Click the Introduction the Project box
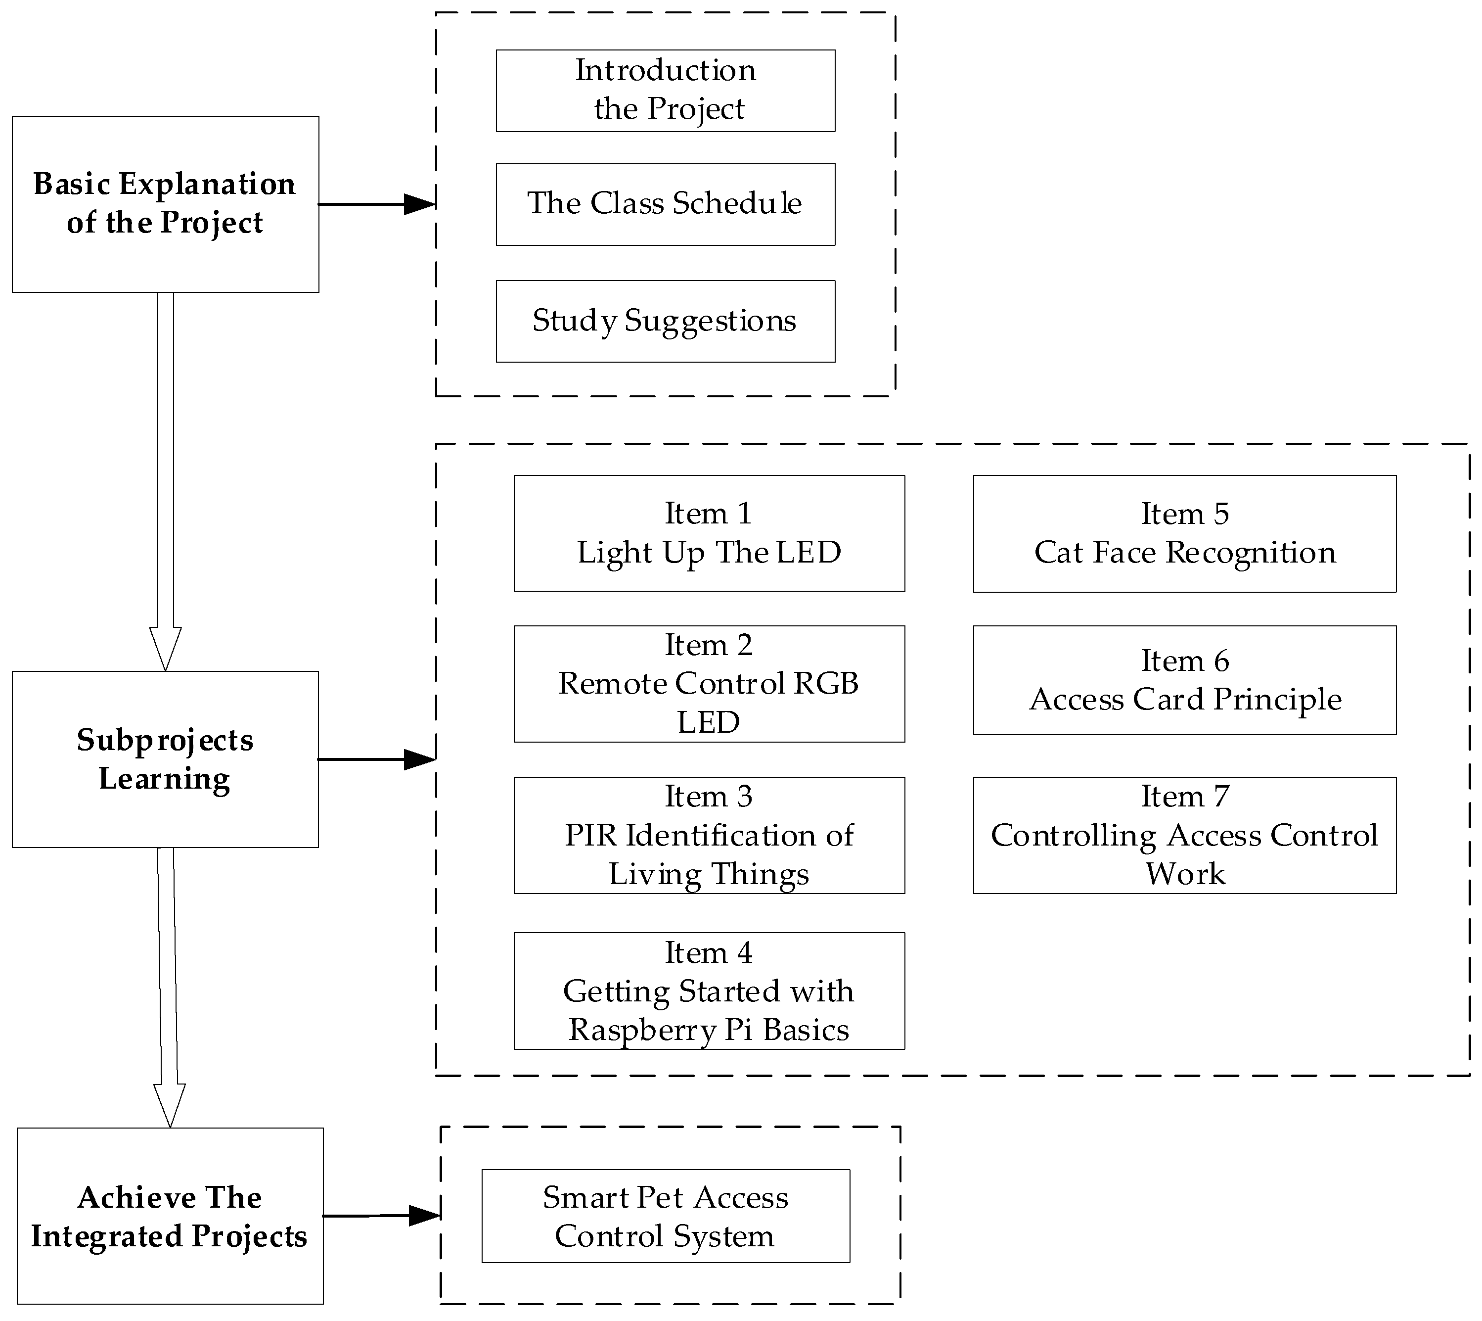(665, 91)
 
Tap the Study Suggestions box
(665, 321)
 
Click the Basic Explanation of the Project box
(165, 204)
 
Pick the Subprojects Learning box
(165, 759)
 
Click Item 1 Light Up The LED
(709, 533)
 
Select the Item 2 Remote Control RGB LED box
(709, 684)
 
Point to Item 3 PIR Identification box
(709, 835)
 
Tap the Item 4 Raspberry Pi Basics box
(709, 991)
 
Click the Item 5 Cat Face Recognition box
(1184, 533)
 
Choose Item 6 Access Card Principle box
(1184, 680)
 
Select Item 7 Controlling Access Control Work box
(1184, 835)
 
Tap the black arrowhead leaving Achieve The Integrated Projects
(424, 1216)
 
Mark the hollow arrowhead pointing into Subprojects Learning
(165, 646)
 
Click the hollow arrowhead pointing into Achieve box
(170, 1103)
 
